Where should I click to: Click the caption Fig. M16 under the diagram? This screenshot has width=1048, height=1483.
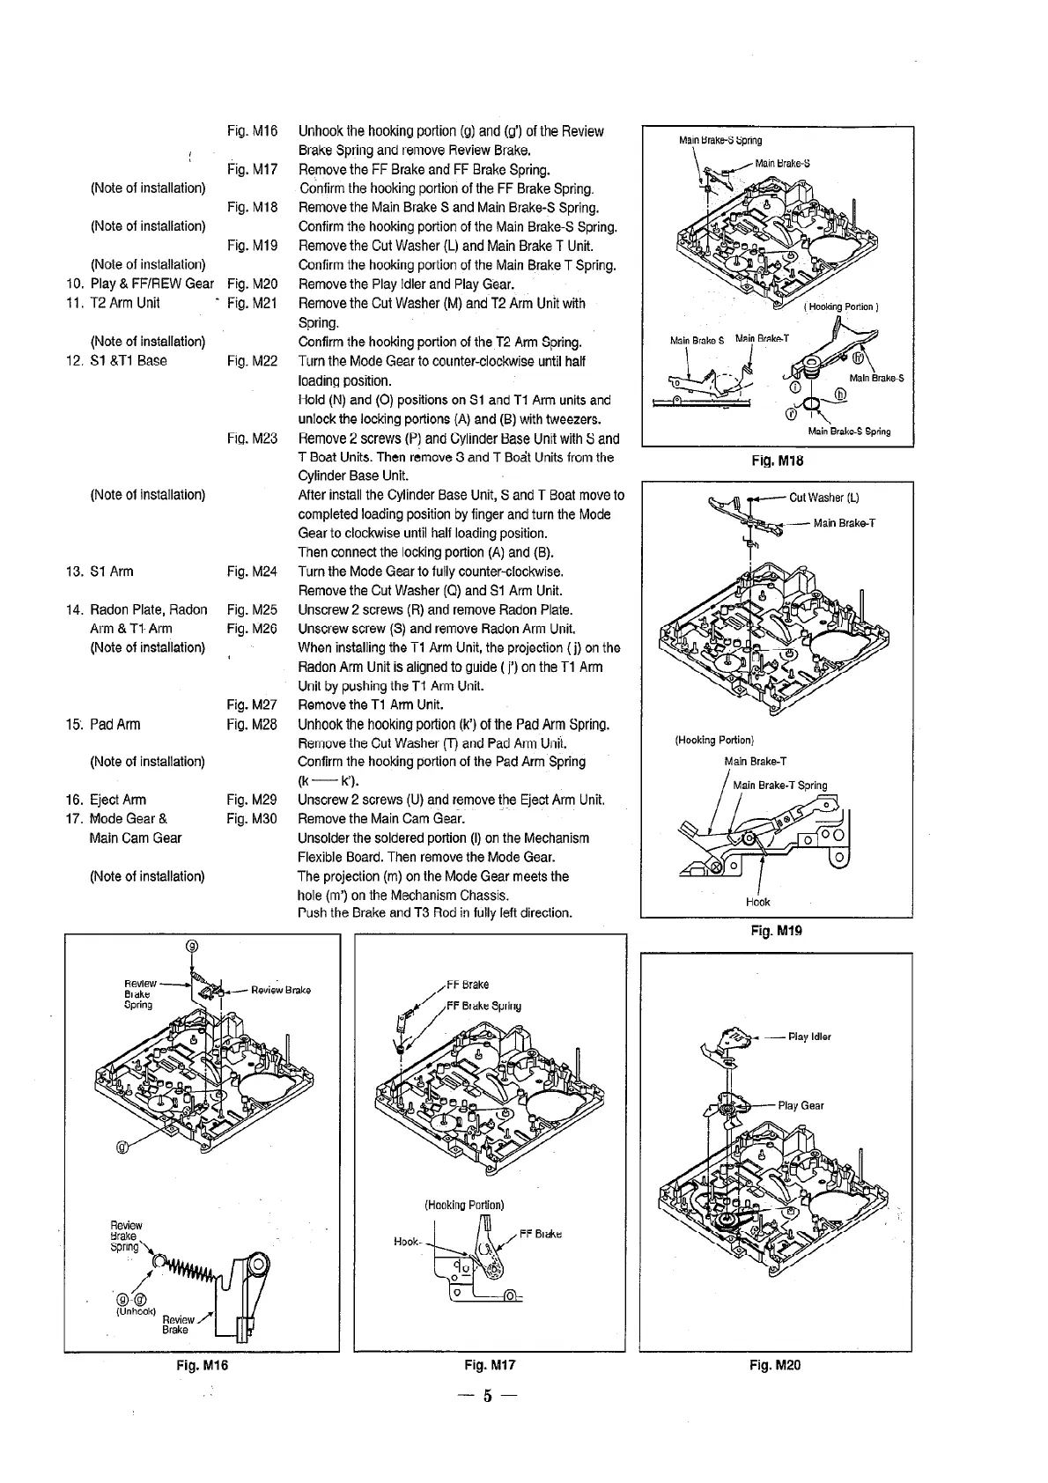202,1365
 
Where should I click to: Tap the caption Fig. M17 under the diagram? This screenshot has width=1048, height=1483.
490,1365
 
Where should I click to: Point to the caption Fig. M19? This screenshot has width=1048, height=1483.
777,930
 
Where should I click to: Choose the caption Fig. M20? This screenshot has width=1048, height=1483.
775,1365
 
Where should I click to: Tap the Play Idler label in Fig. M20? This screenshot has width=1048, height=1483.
809,1037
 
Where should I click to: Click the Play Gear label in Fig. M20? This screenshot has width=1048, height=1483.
801,1105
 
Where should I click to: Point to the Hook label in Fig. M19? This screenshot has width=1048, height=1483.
757,902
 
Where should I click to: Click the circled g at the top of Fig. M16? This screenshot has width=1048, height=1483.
192,946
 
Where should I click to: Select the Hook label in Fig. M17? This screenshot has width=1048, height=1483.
406,1242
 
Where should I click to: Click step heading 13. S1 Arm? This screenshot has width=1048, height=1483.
100,572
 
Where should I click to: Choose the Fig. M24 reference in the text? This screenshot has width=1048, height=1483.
252,572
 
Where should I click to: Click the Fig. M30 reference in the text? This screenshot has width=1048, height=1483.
252,819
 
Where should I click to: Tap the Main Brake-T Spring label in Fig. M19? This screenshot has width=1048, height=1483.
779,786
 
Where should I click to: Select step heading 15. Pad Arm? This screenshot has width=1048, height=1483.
102,724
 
